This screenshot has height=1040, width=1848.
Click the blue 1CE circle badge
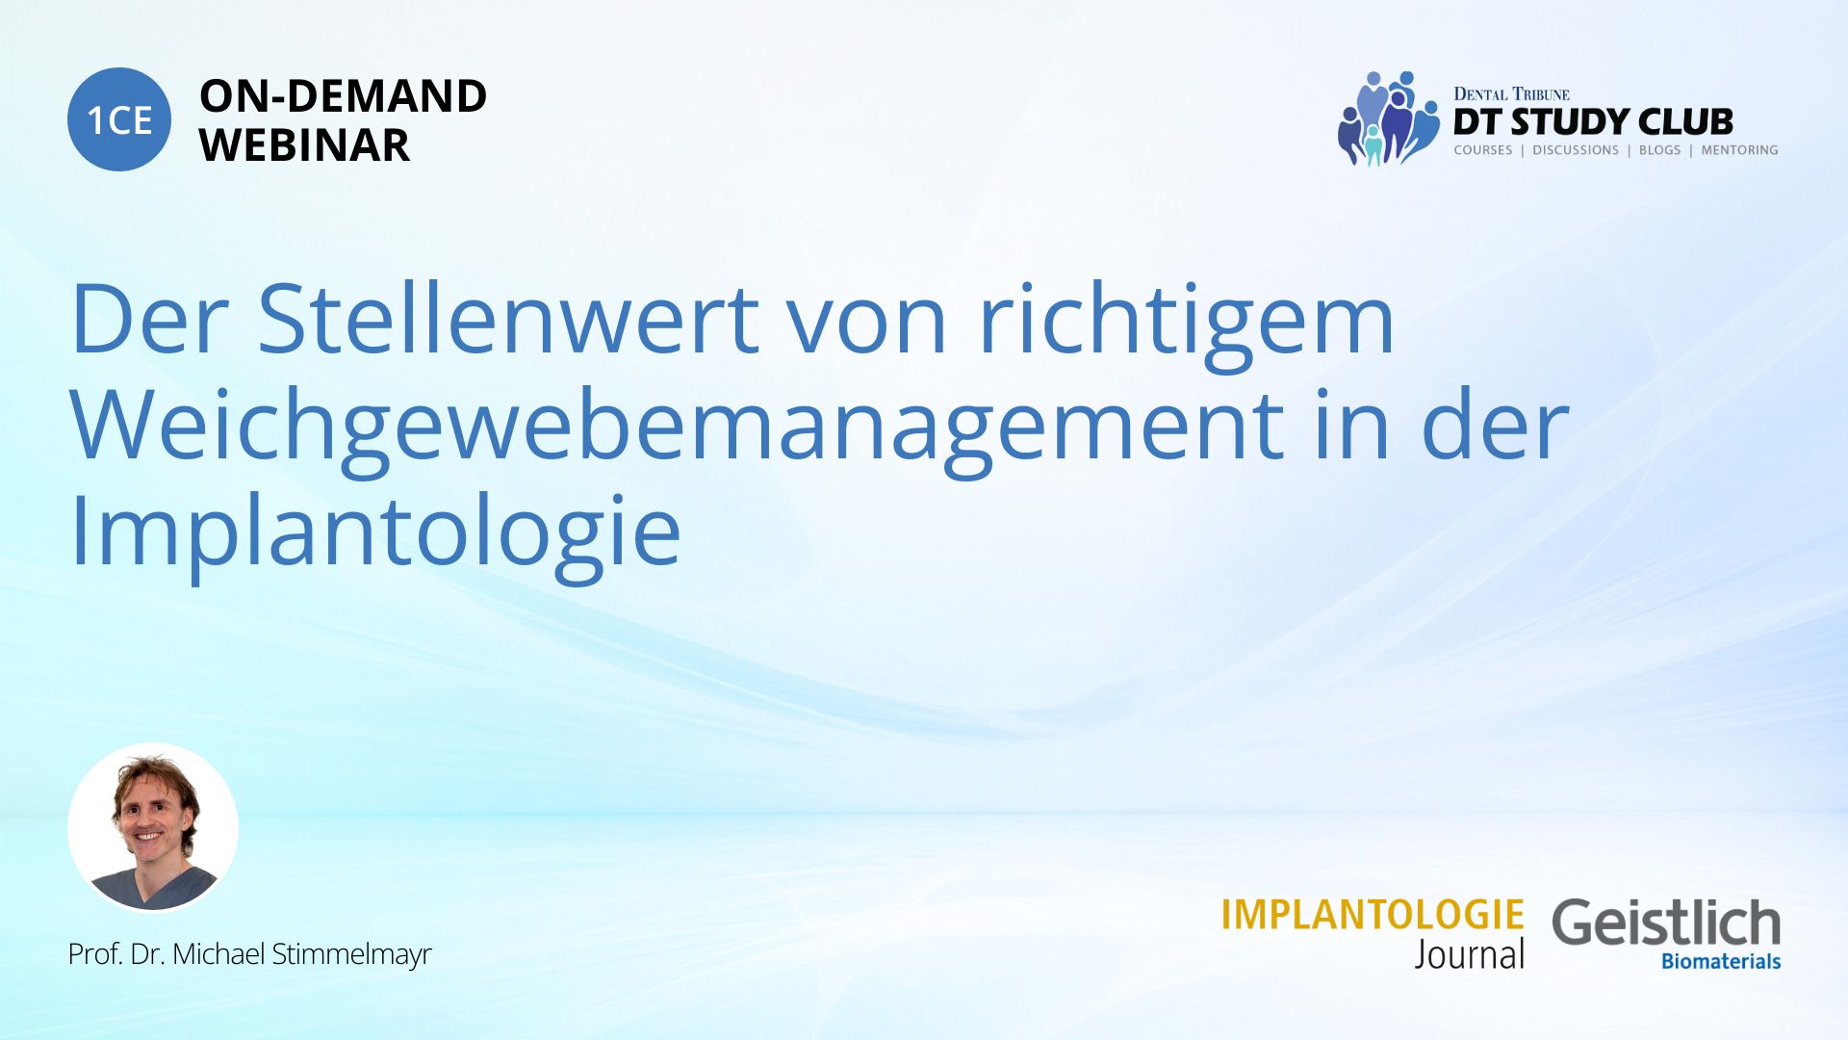click(119, 119)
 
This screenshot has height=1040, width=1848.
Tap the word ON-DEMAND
click(343, 96)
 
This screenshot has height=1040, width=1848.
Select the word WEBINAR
click(304, 145)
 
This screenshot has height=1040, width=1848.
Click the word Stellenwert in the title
click(509, 319)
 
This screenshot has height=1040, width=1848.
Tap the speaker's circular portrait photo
click(153, 827)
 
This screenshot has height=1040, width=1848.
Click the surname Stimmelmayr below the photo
click(351, 954)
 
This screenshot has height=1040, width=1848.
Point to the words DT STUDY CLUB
click(1593, 122)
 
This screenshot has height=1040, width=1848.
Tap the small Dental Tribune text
click(1511, 93)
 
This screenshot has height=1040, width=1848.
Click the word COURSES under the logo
click(1482, 150)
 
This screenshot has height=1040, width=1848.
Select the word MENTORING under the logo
click(1739, 150)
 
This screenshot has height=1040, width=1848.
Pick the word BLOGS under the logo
click(1659, 150)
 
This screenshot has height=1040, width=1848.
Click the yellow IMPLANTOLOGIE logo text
click(1373, 915)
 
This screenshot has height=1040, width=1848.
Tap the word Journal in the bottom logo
click(1470, 954)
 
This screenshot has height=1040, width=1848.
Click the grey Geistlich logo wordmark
click(1666, 923)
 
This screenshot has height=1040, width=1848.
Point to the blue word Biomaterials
click(1721, 961)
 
